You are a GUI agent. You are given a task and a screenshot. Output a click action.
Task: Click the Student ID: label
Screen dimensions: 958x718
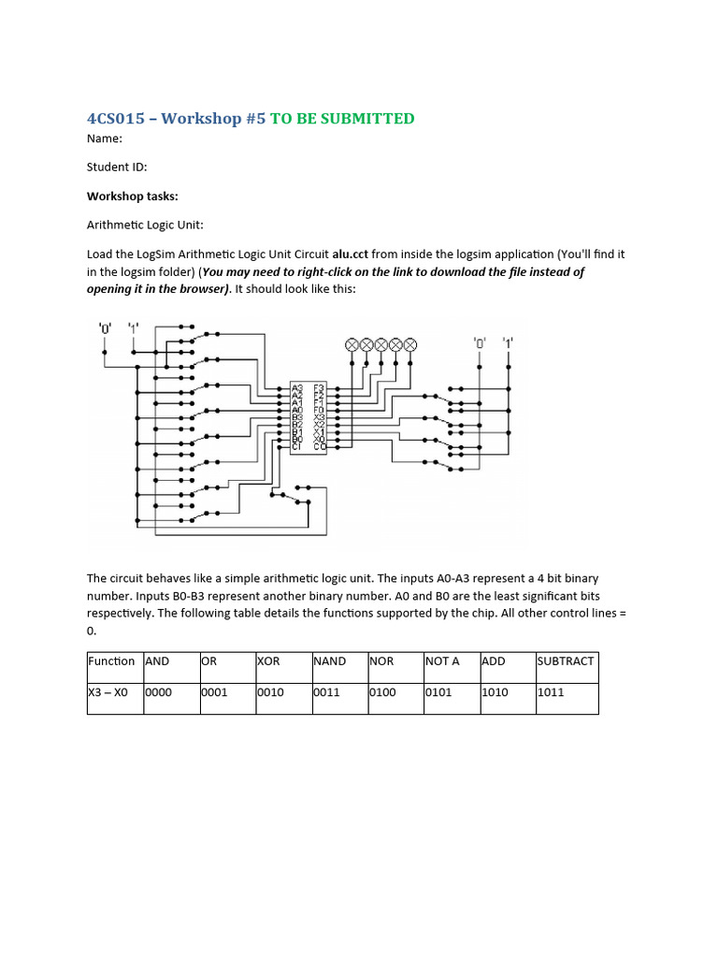click(117, 167)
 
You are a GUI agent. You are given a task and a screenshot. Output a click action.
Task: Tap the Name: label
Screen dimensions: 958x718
click(105, 138)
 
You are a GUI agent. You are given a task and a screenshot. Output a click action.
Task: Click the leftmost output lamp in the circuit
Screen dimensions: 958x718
click(352, 344)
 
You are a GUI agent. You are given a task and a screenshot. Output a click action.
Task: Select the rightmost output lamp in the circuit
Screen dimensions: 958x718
click(409, 344)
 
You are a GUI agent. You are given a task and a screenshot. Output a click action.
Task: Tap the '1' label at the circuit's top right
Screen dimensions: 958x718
click(509, 342)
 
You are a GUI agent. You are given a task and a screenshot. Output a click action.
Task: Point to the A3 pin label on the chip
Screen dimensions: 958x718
click(296, 387)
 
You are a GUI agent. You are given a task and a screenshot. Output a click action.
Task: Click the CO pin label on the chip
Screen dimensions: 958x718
click(320, 446)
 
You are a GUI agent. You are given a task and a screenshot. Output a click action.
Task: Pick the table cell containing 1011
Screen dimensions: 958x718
click(552, 693)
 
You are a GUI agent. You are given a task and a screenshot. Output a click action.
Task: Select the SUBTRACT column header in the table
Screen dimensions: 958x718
click(566, 661)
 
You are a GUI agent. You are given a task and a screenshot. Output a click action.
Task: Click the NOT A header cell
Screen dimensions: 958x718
click(442, 661)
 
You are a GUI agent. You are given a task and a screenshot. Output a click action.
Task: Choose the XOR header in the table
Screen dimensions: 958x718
click(268, 661)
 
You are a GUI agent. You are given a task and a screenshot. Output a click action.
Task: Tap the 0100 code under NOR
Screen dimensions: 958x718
click(383, 693)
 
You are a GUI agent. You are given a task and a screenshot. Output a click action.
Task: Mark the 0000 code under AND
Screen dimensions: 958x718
click(159, 693)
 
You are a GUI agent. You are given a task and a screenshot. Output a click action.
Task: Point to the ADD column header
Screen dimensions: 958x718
click(493, 661)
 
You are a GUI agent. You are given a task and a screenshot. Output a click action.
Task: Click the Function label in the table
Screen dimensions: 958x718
click(111, 661)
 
